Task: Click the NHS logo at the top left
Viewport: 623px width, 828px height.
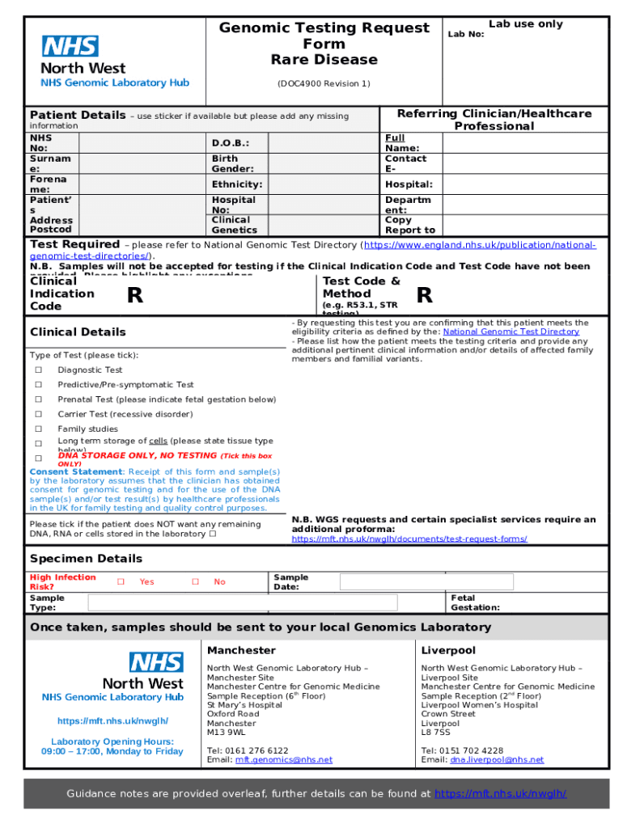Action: (x=70, y=46)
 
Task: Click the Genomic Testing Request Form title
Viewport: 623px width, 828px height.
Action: (x=324, y=44)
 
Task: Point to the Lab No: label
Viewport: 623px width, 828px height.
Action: (x=466, y=34)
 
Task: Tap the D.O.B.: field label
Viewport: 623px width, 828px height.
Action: (x=230, y=143)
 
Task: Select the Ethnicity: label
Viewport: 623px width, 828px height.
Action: (x=236, y=184)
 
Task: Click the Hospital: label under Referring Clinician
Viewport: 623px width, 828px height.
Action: (x=409, y=184)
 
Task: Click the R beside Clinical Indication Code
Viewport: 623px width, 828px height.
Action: (x=136, y=297)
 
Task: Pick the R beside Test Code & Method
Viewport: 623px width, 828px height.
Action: (x=424, y=296)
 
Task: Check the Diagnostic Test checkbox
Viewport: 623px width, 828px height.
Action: (x=38, y=370)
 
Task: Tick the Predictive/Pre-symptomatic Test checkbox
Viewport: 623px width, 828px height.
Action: (x=38, y=385)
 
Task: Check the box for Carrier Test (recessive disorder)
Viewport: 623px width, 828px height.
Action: (x=38, y=414)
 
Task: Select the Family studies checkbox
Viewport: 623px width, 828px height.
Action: (x=38, y=429)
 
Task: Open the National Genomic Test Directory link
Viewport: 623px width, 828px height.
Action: (x=511, y=332)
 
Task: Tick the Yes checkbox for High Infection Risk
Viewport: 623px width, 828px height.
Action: (x=120, y=581)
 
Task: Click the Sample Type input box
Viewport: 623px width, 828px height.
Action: (x=243, y=602)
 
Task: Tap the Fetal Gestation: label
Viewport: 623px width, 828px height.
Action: (x=475, y=602)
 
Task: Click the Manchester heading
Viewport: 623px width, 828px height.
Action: (x=241, y=650)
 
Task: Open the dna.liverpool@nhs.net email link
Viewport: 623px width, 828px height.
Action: (x=497, y=760)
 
